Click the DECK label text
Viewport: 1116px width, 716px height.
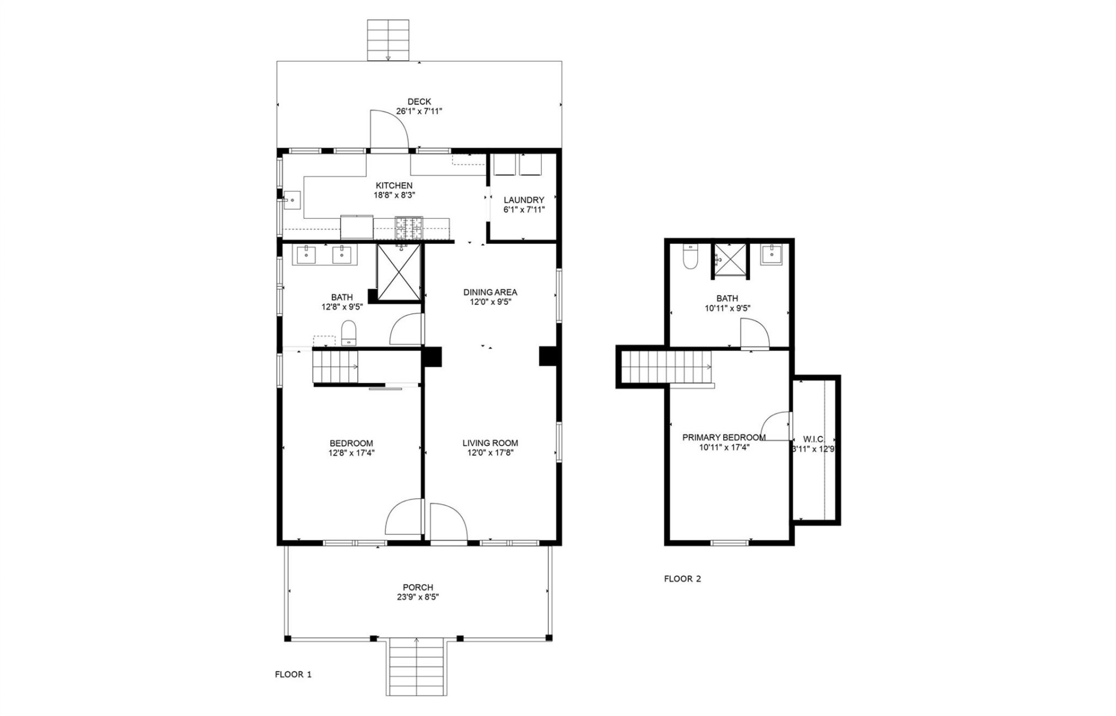coord(419,102)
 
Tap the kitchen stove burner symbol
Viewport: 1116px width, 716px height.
coord(409,228)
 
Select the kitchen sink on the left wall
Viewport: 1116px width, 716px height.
coord(292,200)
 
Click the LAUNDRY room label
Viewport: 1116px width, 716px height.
coord(524,200)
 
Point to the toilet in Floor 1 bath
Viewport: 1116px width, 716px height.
coord(348,333)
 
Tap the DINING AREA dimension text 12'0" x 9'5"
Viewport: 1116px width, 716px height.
coord(490,302)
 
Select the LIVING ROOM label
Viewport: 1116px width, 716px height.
coord(490,443)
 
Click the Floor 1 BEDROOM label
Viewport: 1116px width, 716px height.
coord(351,443)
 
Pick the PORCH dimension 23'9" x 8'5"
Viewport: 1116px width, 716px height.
coord(418,597)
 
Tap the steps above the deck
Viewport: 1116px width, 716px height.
coord(388,40)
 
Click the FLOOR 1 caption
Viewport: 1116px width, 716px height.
coord(293,674)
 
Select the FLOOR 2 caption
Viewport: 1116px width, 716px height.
coord(682,578)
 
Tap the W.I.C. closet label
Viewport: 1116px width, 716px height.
coord(813,439)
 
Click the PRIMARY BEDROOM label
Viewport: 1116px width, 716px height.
coord(724,437)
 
